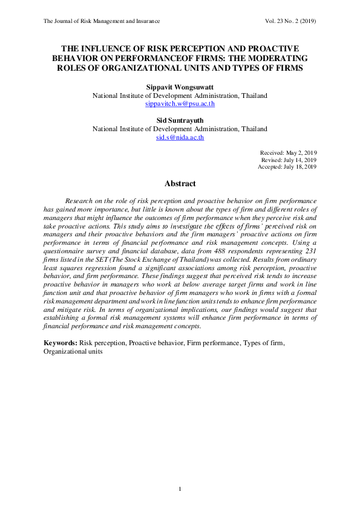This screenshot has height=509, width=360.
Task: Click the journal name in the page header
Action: [x=102, y=21]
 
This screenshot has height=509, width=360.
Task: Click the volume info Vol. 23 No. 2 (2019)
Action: [x=291, y=21]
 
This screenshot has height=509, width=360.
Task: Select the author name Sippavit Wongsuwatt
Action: [x=180, y=87]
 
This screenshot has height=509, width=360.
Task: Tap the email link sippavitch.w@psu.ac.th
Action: [x=180, y=104]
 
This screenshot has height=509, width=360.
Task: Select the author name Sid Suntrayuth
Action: [x=180, y=120]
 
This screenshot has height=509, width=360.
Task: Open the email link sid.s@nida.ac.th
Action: [x=180, y=137]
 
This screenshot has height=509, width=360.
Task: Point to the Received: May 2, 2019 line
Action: [x=289, y=153]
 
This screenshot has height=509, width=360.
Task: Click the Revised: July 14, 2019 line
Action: [x=289, y=160]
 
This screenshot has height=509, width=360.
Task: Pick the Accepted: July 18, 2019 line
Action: [x=287, y=166]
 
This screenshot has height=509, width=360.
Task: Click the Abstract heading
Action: [x=180, y=183]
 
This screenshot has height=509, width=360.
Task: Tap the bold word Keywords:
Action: [x=60, y=343]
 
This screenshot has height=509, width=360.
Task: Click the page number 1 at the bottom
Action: [x=180, y=488]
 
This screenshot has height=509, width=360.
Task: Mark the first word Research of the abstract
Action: [x=80, y=199]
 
